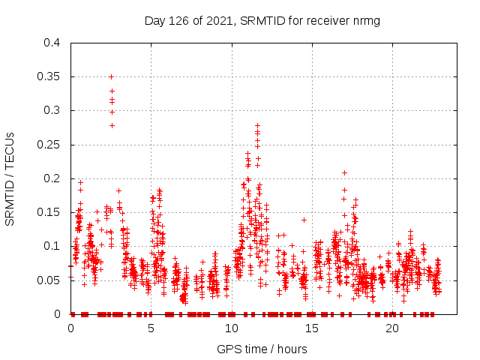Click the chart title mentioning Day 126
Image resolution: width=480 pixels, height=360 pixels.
[x=262, y=20]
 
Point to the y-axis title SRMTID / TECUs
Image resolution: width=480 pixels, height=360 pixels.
[x=10, y=178]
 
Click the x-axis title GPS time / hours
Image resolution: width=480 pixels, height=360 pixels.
[x=262, y=349]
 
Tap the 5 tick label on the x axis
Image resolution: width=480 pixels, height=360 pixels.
[x=151, y=328]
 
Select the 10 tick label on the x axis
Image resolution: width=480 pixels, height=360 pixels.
[x=232, y=328]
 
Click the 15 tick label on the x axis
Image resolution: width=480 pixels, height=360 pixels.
[x=312, y=328]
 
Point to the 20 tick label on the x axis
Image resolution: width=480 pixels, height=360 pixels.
[x=392, y=328]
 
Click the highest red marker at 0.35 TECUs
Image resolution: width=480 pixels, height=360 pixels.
[x=111, y=76]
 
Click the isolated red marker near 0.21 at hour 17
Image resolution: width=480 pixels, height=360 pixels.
[x=344, y=172]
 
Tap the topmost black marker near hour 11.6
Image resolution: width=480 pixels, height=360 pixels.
[x=257, y=126]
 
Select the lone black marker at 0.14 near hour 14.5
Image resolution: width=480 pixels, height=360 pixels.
[x=304, y=220]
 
